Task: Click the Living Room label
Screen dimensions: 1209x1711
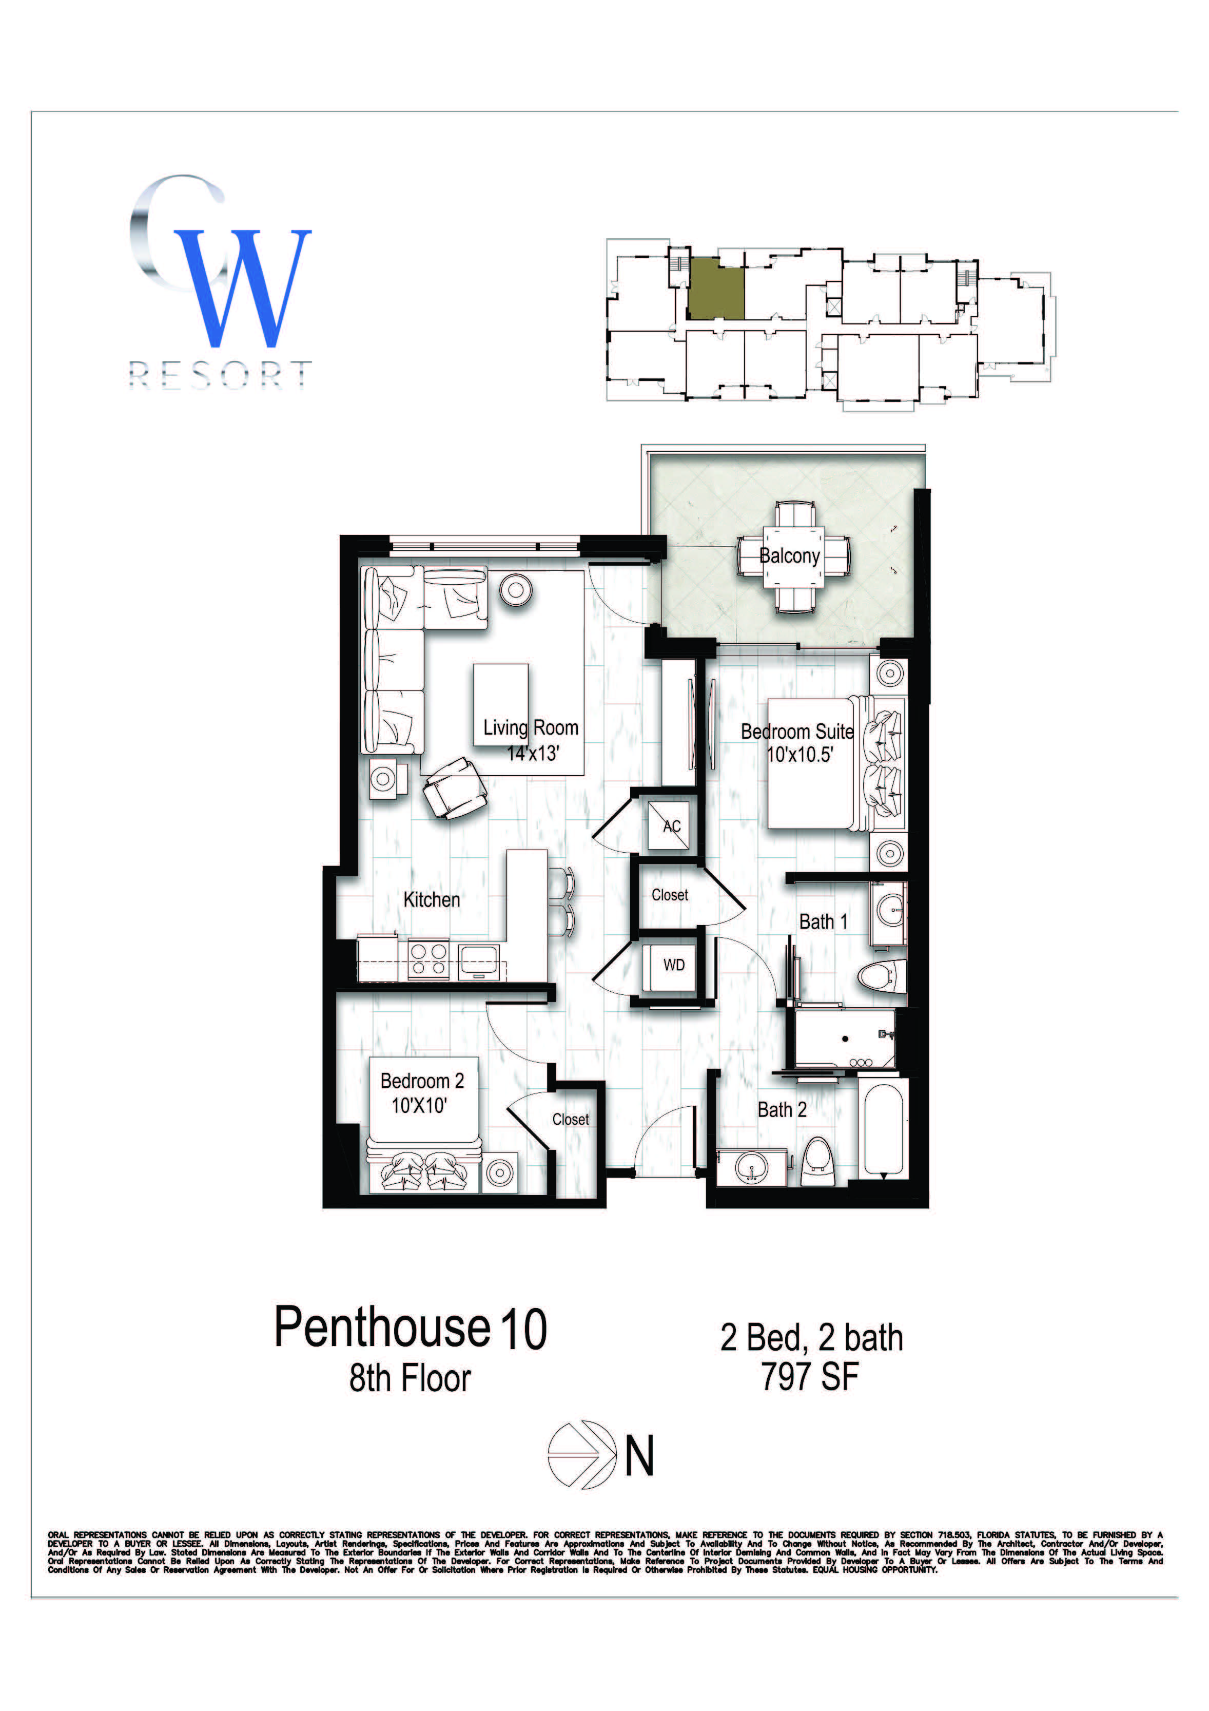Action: [531, 727]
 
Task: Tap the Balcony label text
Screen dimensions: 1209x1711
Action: [790, 556]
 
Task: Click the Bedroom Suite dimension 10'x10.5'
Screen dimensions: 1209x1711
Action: [800, 755]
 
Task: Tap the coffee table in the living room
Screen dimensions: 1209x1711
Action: [501, 704]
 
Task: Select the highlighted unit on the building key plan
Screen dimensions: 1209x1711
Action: [715, 289]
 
